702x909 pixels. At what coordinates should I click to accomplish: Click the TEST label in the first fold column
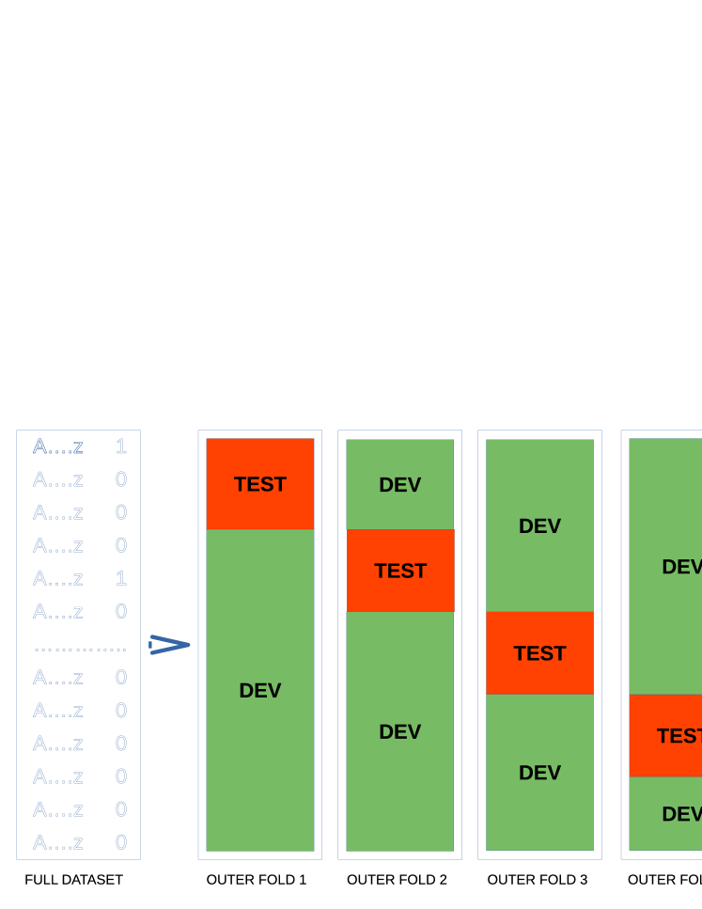pyautogui.click(x=259, y=484)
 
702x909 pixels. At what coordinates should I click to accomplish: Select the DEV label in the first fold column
pyautogui.click(x=259, y=690)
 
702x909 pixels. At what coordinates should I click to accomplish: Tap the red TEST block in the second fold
pyautogui.click(x=400, y=571)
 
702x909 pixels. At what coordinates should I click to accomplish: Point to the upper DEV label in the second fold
pyautogui.click(x=399, y=485)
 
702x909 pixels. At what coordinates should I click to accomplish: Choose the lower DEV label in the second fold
pyautogui.click(x=399, y=731)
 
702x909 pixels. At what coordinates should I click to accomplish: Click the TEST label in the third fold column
pyautogui.click(x=539, y=653)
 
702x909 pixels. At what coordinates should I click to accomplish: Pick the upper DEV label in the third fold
pyautogui.click(x=539, y=526)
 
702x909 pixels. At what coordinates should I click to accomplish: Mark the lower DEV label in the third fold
pyautogui.click(x=539, y=773)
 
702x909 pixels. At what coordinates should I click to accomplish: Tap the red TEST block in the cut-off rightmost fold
pyautogui.click(x=666, y=735)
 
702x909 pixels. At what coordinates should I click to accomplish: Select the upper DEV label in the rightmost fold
pyautogui.click(x=681, y=567)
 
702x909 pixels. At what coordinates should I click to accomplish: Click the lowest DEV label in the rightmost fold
pyautogui.click(x=681, y=814)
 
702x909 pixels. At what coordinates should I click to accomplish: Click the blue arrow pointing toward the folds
pyautogui.click(x=169, y=644)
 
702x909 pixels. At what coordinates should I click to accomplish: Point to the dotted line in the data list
pyautogui.click(x=80, y=650)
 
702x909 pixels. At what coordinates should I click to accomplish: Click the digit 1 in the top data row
pyautogui.click(x=121, y=447)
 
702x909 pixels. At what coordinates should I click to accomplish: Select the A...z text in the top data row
pyautogui.click(x=58, y=447)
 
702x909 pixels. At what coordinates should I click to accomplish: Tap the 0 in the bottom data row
pyautogui.click(x=121, y=842)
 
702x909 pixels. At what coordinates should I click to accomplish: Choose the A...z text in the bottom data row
pyautogui.click(x=58, y=842)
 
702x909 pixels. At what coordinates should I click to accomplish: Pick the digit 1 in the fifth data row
pyautogui.click(x=121, y=578)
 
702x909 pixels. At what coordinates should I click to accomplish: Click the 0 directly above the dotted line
pyautogui.click(x=121, y=611)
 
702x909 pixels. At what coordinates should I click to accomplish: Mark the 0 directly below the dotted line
pyautogui.click(x=121, y=677)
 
